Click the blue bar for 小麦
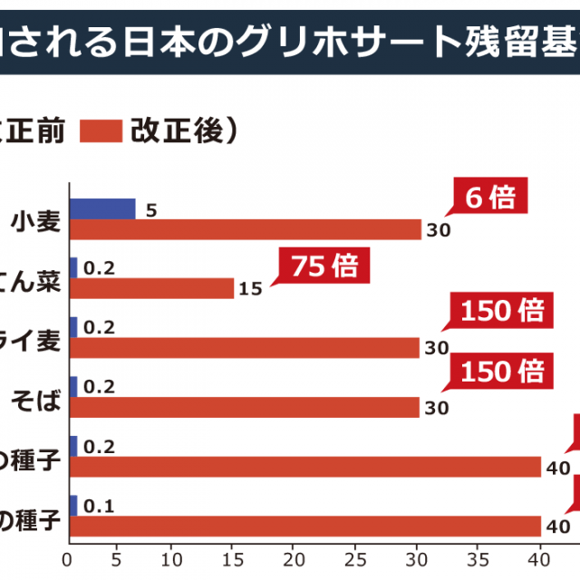pos(102,209)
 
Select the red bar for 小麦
pos(246,230)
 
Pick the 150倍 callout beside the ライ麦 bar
pos(501,313)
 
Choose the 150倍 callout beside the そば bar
pos(501,371)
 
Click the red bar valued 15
pos(151,288)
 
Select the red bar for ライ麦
pos(245,348)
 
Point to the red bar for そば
pos(245,408)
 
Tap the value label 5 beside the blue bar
pos(151,209)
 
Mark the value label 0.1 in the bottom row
pos(98,507)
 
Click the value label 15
pos(252,289)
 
